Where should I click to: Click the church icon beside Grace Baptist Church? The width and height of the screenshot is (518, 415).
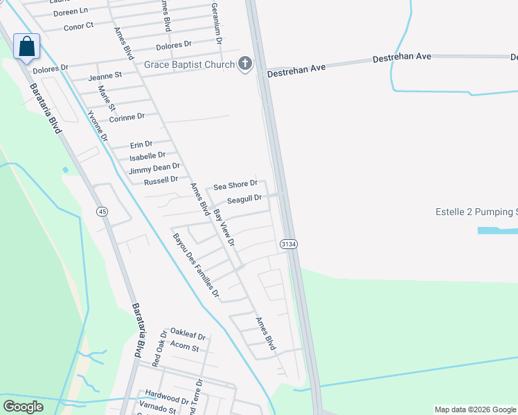[244, 65]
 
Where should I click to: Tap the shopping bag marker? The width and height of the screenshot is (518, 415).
[27, 47]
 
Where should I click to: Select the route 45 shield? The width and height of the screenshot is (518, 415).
[102, 211]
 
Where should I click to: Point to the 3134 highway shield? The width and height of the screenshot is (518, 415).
[289, 245]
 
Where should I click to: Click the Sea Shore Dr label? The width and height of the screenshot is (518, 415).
[235, 185]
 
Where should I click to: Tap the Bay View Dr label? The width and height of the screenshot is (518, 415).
[224, 228]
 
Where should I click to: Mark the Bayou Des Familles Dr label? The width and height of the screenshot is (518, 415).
[195, 266]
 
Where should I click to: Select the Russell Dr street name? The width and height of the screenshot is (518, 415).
[161, 181]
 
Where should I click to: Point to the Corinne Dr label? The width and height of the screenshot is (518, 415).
[127, 117]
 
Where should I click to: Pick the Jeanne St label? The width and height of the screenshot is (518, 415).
[105, 75]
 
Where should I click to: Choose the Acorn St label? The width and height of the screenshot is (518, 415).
[184, 347]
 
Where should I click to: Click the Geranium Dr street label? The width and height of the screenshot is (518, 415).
[217, 23]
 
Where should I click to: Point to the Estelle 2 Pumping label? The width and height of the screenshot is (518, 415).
[476, 212]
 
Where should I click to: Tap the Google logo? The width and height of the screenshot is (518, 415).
[23, 407]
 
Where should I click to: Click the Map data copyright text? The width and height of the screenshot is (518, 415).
[474, 409]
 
